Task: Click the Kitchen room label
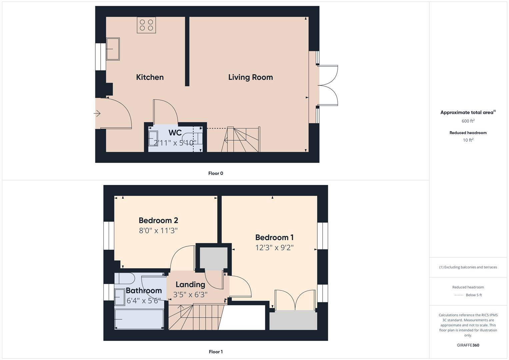[x=150, y=77]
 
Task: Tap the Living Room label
[x=250, y=77]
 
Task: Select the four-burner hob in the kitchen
[x=146, y=25]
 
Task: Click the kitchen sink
[x=113, y=49]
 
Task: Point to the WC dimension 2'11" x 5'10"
[x=175, y=143]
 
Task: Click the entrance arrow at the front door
[x=97, y=114]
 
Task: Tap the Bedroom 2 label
[x=158, y=220]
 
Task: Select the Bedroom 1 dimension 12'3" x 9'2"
[x=274, y=248]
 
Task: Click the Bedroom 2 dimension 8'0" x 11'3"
[x=158, y=230]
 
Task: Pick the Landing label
[x=190, y=284]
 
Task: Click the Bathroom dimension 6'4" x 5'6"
[x=144, y=301]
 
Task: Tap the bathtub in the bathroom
[x=139, y=319]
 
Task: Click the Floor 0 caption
[x=216, y=173]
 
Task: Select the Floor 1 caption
[x=216, y=352]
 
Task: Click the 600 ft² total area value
[x=468, y=121]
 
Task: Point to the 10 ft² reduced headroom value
[x=468, y=140]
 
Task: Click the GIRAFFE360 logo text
[x=468, y=345]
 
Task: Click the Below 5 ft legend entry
[x=474, y=295]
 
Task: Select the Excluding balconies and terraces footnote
[x=468, y=267]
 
